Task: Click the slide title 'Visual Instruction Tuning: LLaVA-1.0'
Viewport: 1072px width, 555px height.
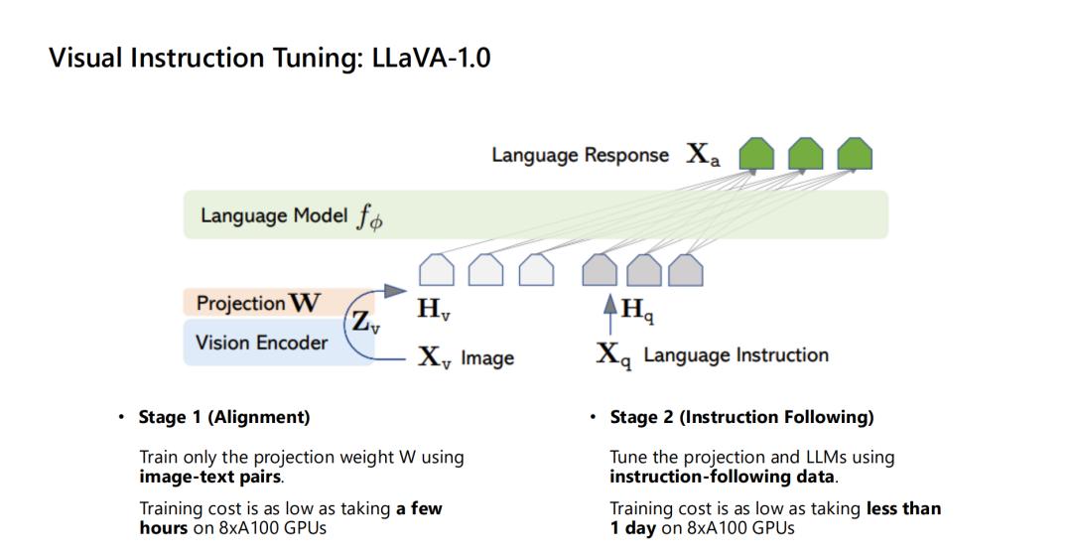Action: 269,59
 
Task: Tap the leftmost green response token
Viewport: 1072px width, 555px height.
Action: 756,154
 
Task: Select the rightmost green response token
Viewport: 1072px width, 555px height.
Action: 855,154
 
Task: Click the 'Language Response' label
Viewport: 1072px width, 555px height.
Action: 580,155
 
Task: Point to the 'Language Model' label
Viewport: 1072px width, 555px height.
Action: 274,216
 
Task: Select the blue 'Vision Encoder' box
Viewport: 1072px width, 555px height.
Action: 278,342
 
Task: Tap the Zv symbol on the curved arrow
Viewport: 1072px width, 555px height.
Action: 365,322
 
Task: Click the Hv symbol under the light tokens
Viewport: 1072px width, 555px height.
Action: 434,310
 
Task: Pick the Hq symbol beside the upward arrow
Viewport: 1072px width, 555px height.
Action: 637,310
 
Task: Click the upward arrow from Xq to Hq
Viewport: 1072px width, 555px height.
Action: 609,315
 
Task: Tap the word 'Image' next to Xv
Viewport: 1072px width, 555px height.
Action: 487,357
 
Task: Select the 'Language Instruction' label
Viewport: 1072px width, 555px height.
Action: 736,355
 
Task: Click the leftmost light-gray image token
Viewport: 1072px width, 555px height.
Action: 436,269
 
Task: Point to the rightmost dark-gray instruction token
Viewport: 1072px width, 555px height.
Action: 685,269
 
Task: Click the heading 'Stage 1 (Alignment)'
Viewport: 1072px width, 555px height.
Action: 224,417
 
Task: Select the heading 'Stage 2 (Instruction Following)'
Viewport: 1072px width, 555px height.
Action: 741,417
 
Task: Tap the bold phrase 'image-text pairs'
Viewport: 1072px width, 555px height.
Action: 209,477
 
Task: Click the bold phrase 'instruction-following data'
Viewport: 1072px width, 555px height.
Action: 722,477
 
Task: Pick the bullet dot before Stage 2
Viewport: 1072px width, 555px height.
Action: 593,417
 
